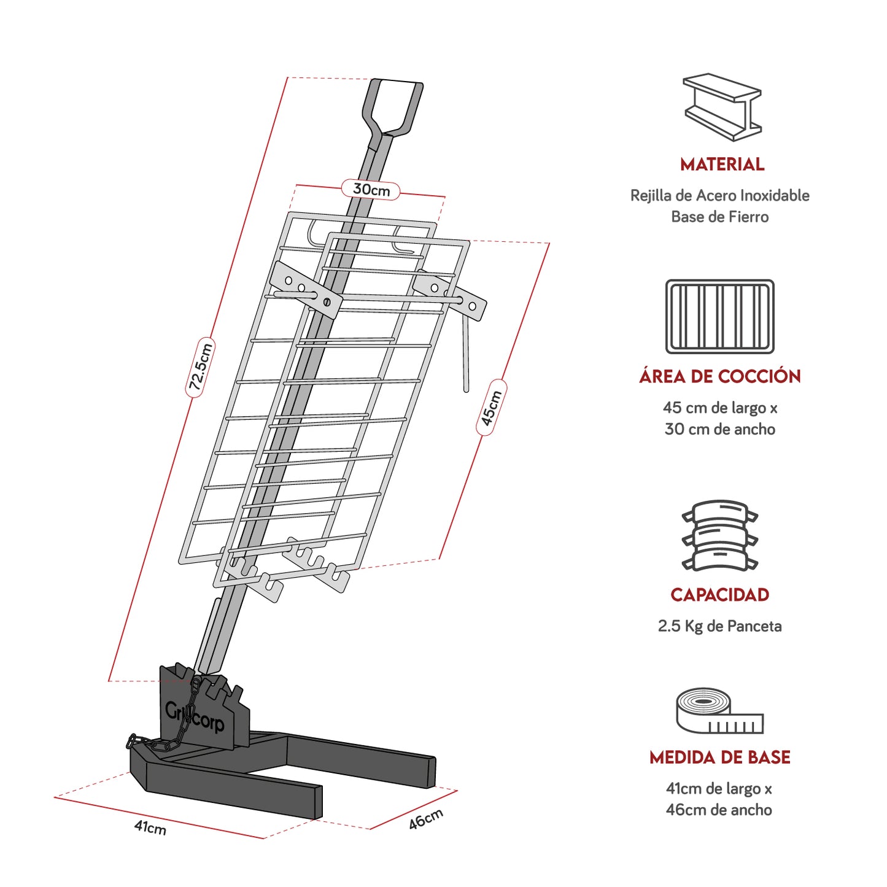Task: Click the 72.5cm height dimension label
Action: pyautogui.click(x=200, y=367)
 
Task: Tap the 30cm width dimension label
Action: pyautogui.click(x=371, y=190)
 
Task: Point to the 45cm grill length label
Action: pyautogui.click(x=491, y=408)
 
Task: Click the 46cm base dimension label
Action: pyautogui.click(x=425, y=819)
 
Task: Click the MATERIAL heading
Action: pyautogui.click(x=722, y=165)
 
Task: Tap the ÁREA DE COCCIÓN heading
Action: pyautogui.click(x=720, y=376)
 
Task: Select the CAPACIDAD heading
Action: pyautogui.click(x=720, y=595)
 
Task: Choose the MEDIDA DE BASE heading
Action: pyautogui.click(x=720, y=757)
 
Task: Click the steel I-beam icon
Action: pyautogui.click(x=722, y=107)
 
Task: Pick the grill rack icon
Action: pyautogui.click(x=720, y=316)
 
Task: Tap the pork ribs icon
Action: pyautogui.click(x=720, y=535)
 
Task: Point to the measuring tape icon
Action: pyautogui.click(x=719, y=711)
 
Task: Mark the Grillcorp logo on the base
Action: pyautogui.click(x=195, y=717)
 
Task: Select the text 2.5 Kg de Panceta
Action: pyautogui.click(x=720, y=626)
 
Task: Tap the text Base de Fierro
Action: pyautogui.click(x=720, y=217)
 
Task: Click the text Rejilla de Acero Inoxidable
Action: pyautogui.click(x=720, y=196)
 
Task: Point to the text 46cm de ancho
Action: pyautogui.click(x=719, y=810)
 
